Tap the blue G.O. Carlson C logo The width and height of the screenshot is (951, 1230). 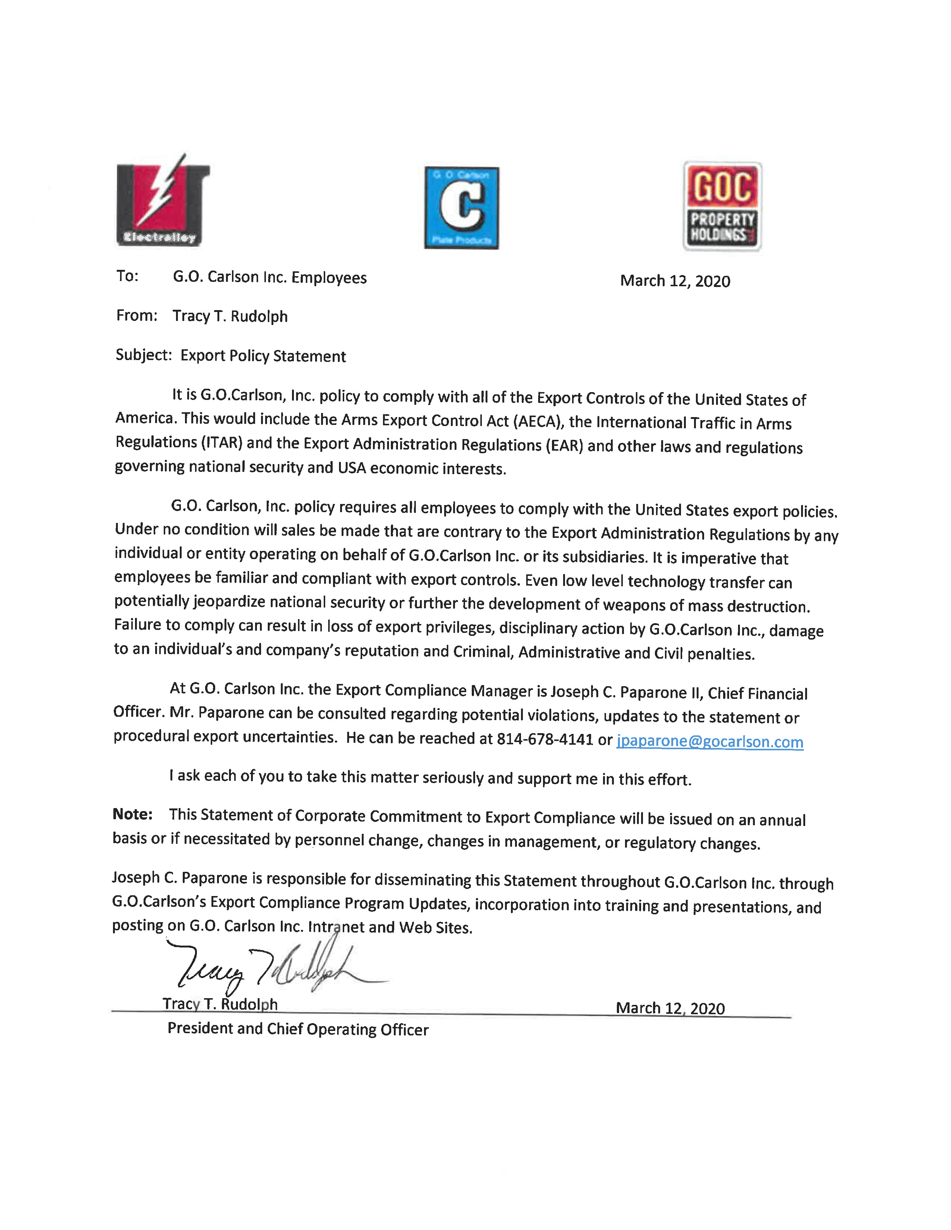point(461,208)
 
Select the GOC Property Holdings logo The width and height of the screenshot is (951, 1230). point(722,206)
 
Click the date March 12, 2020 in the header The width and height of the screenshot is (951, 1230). point(675,281)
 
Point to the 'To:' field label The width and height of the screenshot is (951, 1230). point(127,276)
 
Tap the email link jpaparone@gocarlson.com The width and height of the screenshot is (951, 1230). point(709,742)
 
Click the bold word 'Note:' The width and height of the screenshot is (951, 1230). point(132,814)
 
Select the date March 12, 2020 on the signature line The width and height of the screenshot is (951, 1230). point(670,1008)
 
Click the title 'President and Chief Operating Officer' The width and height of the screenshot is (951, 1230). point(298,1029)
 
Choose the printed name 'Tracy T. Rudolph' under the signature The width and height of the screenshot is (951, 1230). point(220,1004)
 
